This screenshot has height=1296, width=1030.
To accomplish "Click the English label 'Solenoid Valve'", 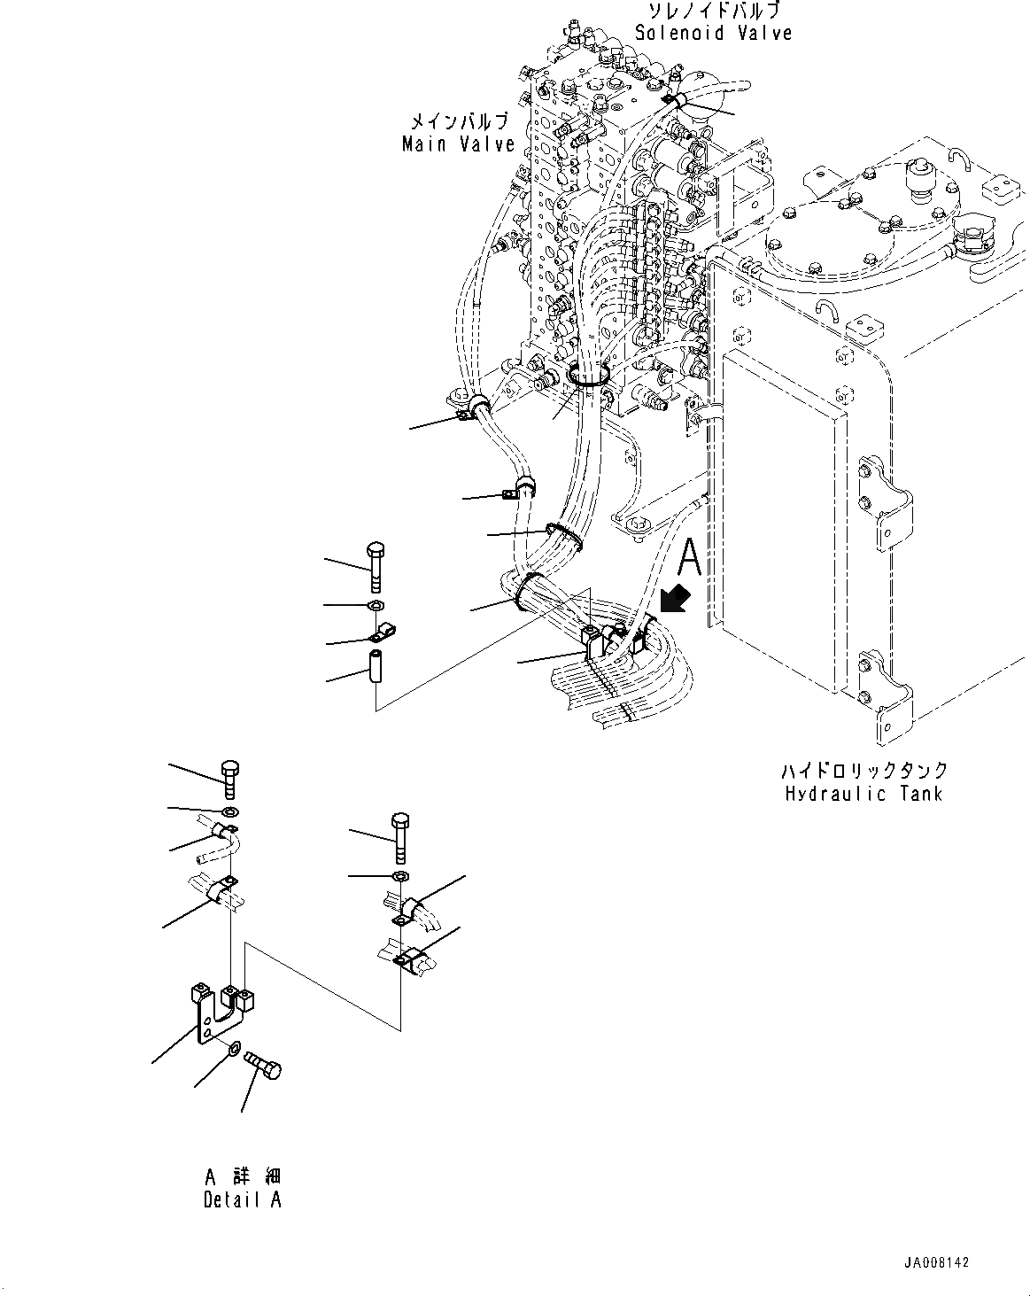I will pos(713,33).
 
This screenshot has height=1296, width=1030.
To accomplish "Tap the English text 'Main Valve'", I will pos(458,144).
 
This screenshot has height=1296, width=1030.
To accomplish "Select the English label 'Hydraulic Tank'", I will pos(863,794).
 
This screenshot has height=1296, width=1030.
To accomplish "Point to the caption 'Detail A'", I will pos(242,1200).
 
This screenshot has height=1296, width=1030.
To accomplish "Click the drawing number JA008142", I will pos(937,1262).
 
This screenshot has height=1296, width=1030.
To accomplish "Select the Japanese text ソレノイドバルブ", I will pos(713,12).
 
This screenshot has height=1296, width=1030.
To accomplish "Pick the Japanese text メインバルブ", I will pos(458,121).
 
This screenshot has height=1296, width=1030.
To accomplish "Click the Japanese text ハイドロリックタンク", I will pos(863,771).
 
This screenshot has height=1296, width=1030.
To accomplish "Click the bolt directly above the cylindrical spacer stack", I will pos(374,564).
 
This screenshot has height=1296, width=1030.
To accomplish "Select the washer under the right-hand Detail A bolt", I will pos(399,876).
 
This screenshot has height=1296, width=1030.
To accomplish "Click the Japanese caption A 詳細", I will pos(242,1177).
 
